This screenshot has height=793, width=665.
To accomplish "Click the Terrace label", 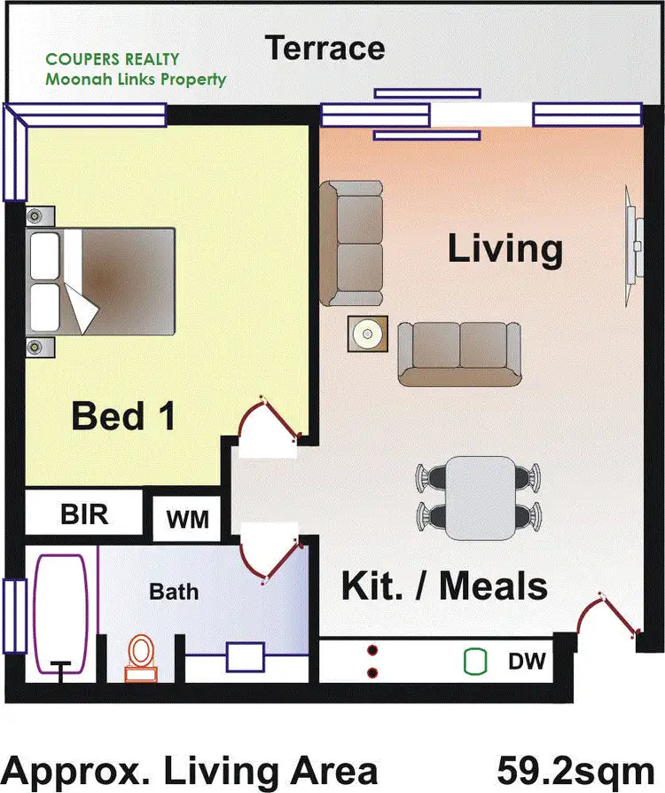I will pyautogui.click(x=325, y=48).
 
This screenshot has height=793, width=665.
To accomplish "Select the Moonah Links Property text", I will pyautogui.click(x=136, y=80).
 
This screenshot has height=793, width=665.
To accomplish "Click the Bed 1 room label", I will pyautogui.click(x=123, y=415).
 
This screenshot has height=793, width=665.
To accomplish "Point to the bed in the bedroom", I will pyautogui.click(x=101, y=280).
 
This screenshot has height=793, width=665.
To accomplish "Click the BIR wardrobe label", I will pyautogui.click(x=84, y=514).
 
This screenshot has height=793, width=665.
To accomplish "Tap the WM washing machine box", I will pyautogui.click(x=187, y=519).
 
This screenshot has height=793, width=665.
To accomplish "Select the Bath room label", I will pyautogui.click(x=174, y=591).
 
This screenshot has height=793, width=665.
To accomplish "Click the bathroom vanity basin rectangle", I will pyautogui.click(x=246, y=658).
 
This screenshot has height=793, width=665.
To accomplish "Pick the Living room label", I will pyautogui.click(x=505, y=248).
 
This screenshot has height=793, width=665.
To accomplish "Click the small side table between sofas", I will pyautogui.click(x=366, y=334).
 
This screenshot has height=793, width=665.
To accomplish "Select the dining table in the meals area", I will pyautogui.click(x=480, y=498).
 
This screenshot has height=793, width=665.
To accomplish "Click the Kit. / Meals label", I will pyautogui.click(x=443, y=586).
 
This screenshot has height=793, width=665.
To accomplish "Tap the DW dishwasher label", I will pyautogui.click(x=526, y=662).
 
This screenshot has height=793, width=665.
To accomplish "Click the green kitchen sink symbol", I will pyautogui.click(x=476, y=661).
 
